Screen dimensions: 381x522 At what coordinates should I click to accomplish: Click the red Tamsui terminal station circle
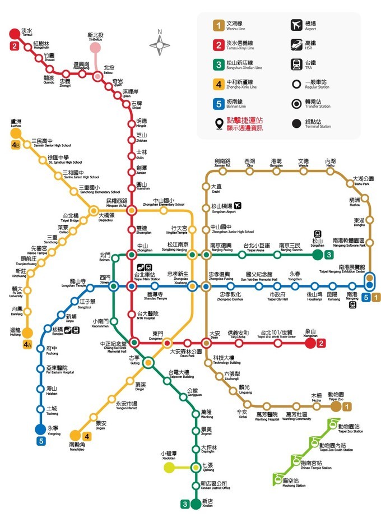point(14,34)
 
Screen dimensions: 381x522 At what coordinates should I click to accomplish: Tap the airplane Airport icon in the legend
point(296,25)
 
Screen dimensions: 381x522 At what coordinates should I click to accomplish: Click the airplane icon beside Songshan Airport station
point(239,206)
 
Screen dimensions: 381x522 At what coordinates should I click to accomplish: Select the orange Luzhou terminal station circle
point(15,133)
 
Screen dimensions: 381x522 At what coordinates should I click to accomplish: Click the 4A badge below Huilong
point(26,345)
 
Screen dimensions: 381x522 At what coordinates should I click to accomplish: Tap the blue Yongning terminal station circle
point(40,429)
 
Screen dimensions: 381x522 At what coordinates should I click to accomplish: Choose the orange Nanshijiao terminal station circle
point(74,435)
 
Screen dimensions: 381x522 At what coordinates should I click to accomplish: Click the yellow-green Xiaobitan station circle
point(169,468)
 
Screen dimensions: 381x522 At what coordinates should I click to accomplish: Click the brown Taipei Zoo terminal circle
point(336,406)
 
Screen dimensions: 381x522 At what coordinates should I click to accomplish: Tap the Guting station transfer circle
point(148,363)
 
